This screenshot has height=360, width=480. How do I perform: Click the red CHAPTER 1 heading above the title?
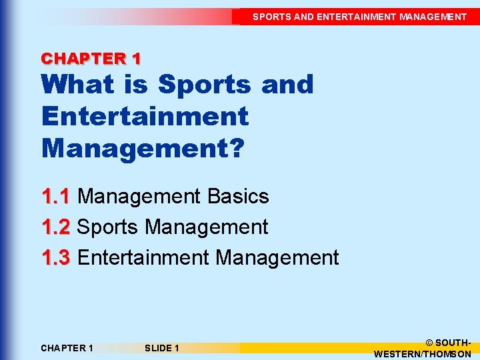(x=91, y=58)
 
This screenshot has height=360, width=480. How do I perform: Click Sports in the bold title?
(x=203, y=85)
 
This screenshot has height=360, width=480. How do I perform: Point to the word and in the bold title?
(x=287, y=85)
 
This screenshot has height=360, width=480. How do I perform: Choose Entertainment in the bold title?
(x=145, y=116)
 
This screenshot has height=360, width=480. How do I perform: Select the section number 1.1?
(x=56, y=197)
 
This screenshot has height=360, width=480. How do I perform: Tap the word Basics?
(x=238, y=197)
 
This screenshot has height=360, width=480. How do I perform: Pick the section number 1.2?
(x=56, y=227)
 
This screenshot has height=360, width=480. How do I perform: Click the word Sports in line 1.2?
(x=108, y=227)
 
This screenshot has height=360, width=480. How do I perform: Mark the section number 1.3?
(x=56, y=257)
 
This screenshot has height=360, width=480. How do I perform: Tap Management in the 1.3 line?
(x=278, y=257)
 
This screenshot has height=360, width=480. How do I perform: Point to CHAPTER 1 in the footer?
(x=67, y=348)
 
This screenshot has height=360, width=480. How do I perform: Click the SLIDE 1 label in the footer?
(x=161, y=348)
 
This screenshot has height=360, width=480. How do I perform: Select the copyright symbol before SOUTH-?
(x=429, y=342)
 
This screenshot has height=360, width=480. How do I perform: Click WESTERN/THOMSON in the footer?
(x=423, y=354)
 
